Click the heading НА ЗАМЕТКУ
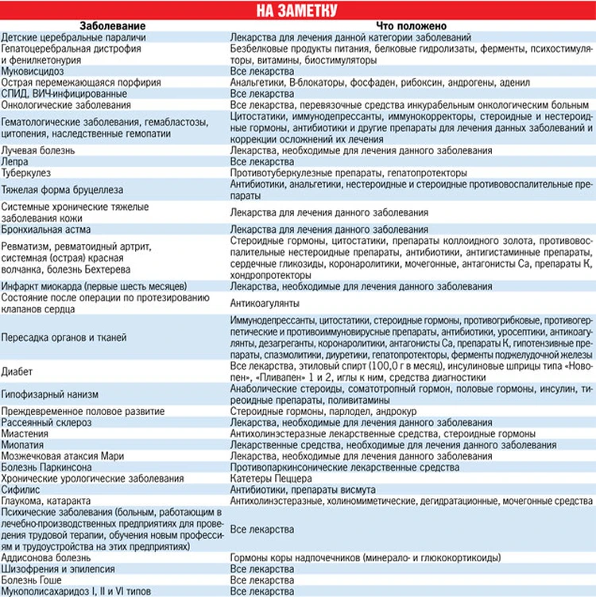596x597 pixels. [298, 10]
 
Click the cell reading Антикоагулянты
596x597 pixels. [265, 303]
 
